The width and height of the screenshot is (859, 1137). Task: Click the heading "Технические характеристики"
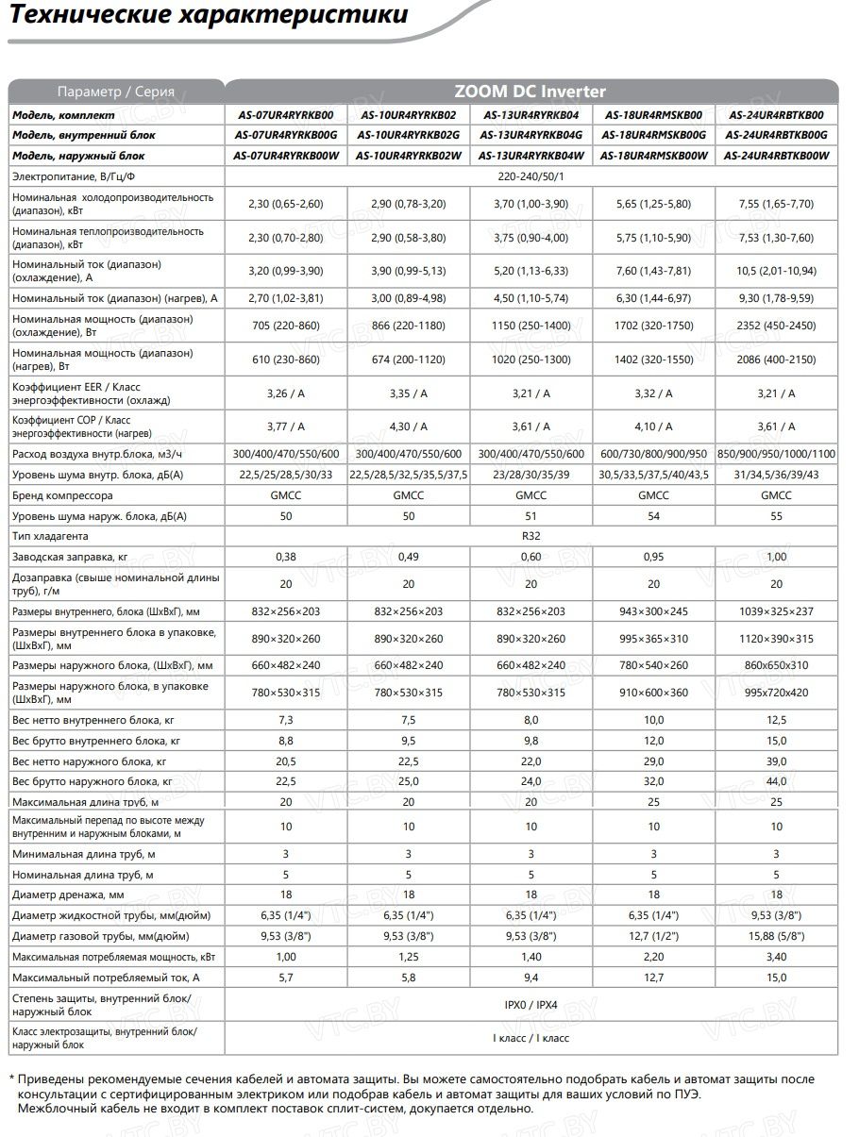tap(209, 16)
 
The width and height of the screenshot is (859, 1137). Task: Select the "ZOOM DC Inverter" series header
tap(531, 92)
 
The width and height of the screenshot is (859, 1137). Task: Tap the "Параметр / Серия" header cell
tap(116, 92)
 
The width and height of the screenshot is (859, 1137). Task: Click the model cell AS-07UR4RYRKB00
tap(285, 115)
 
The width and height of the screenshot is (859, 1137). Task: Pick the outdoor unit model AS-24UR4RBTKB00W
tap(776, 156)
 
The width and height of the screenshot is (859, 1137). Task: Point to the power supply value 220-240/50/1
tap(531, 176)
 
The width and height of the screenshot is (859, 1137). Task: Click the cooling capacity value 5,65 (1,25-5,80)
tap(653, 204)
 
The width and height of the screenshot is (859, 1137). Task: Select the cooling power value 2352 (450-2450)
tap(776, 326)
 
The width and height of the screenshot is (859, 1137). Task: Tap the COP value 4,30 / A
tap(408, 426)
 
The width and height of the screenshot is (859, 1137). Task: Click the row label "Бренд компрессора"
tap(62, 495)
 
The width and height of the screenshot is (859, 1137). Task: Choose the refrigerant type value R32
tap(531, 536)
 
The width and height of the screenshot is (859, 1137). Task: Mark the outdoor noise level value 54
tap(653, 516)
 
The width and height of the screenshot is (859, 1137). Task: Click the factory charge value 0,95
tap(653, 557)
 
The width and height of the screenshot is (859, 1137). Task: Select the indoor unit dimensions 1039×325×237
tap(776, 611)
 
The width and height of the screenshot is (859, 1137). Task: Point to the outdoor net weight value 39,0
tap(776, 761)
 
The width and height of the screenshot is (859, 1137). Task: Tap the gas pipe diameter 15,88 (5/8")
tap(776, 937)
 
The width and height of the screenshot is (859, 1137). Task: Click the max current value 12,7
tap(653, 978)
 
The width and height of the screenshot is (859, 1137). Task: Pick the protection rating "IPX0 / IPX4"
tap(531, 1005)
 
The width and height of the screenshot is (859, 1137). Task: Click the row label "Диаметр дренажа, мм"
tap(68, 895)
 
